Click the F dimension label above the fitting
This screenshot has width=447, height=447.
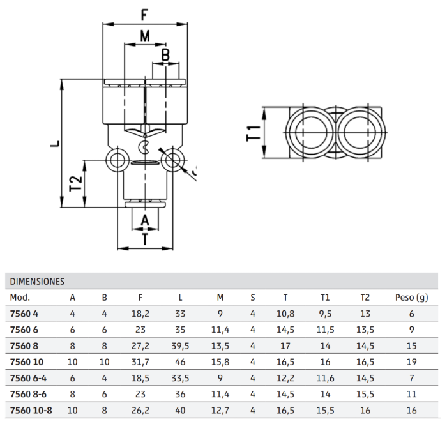145,13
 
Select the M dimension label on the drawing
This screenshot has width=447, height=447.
145,36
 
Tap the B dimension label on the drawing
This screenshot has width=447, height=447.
165,55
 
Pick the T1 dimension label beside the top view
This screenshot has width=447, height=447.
254,133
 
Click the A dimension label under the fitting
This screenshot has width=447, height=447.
145,220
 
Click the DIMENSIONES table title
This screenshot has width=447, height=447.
37,281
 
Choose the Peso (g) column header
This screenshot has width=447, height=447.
411,298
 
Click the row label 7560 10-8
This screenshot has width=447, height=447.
31,411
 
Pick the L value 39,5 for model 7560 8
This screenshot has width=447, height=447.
181,346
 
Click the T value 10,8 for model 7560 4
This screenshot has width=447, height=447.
285,314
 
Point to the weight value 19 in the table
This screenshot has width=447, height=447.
411,362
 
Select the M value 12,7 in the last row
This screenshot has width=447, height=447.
220,411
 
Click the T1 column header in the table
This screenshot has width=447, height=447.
325,298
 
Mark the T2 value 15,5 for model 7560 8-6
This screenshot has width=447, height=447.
365,395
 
